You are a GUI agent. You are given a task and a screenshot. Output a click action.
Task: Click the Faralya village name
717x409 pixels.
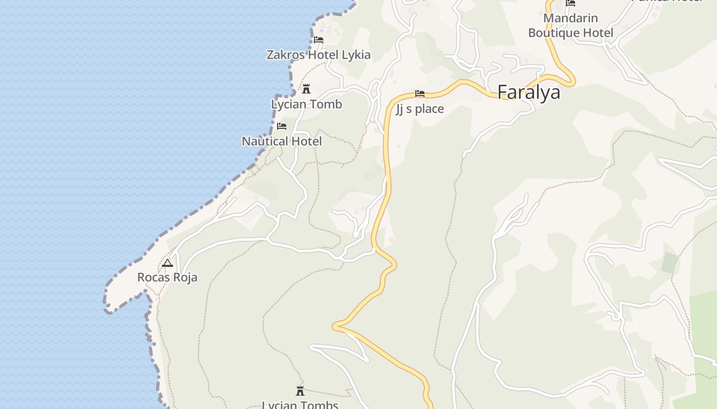click(x=529, y=93)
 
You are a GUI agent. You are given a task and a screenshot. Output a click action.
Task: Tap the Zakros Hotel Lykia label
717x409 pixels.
click(x=319, y=55)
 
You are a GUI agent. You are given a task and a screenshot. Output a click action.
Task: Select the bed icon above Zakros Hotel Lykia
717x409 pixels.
click(x=319, y=40)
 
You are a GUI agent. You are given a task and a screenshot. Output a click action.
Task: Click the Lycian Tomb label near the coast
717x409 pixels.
click(x=306, y=104)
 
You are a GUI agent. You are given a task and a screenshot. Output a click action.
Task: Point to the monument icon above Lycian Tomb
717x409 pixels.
click(x=306, y=89)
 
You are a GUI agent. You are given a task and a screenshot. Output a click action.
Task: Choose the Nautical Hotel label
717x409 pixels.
click(x=282, y=141)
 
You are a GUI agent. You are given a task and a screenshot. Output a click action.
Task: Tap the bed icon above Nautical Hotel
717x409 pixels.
click(x=282, y=126)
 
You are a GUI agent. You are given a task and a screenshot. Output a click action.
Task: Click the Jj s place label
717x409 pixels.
click(x=420, y=109)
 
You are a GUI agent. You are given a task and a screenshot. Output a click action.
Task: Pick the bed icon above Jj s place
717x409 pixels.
click(x=420, y=94)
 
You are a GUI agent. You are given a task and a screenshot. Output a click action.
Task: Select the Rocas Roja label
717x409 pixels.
click(x=167, y=278)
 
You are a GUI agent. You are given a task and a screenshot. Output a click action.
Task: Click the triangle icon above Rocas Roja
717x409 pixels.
click(x=167, y=263)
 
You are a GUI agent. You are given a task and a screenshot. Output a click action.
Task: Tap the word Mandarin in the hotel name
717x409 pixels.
click(x=571, y=18)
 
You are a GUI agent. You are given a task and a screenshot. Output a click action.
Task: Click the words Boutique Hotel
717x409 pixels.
click(x=571, y=33)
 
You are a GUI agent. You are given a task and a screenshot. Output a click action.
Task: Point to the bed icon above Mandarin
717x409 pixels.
click(x=571, y=4)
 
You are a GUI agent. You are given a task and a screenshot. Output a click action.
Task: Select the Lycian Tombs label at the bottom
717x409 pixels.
click(x=300, y=405)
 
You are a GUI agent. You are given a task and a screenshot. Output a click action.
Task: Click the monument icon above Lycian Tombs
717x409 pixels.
click(x=300, y=392)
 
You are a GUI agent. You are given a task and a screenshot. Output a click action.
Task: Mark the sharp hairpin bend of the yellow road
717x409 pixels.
click(x=335, y=326)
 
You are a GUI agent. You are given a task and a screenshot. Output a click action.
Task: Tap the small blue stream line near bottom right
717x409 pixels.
click(x=661, y=362)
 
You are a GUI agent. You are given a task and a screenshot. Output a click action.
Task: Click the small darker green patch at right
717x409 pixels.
click(x=669, y=262)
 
